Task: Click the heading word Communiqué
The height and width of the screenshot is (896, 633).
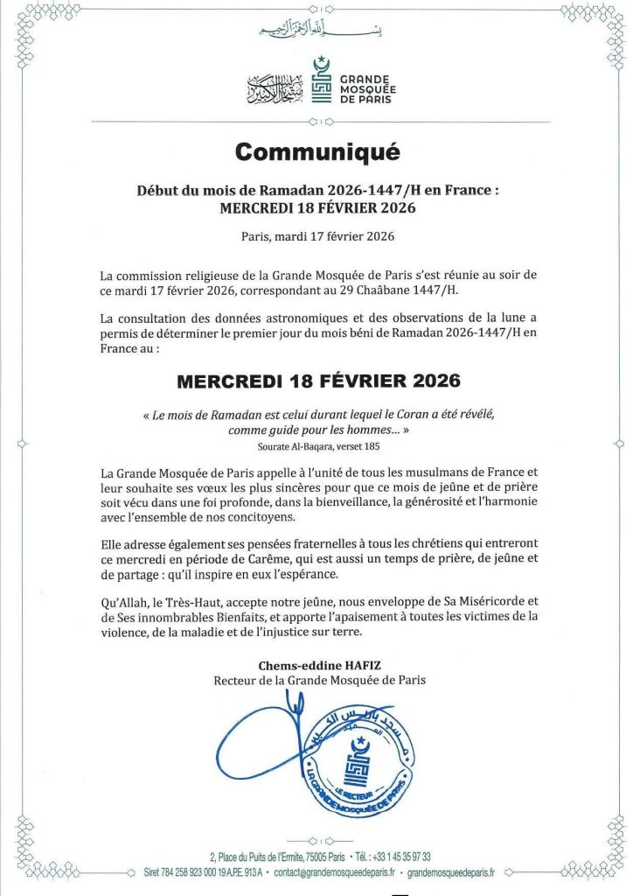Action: point(316,152)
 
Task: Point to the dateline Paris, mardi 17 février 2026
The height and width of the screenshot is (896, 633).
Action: point(316,236)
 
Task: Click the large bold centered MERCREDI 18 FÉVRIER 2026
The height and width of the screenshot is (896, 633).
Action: point(316,381)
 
